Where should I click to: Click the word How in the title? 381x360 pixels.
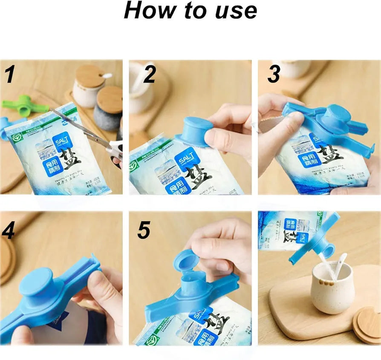[147, 11]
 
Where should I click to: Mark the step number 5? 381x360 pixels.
[144, 230]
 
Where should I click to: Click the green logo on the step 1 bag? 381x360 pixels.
[16, 137]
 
